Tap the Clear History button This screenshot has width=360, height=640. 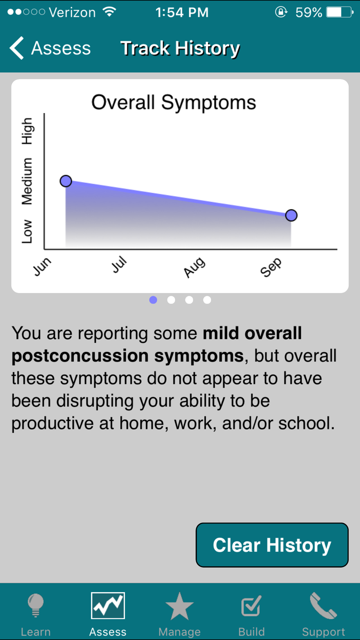[272, 545]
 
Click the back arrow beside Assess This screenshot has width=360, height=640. [17, 48]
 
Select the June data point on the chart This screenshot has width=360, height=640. [66, 181]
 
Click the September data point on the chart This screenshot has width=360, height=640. [291, 215]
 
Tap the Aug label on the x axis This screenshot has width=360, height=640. [194, 267]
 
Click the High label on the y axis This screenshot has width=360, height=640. [27, 131]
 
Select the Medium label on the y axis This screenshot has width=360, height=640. [27, 181]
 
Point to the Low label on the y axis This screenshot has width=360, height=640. [27, 231]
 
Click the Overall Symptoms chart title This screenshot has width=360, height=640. [174, 102]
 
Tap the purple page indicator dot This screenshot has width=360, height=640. [153, 300]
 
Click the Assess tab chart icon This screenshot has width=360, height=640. [108, 605]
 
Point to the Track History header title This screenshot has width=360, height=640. [180, 48]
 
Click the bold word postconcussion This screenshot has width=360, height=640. [80, 356]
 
